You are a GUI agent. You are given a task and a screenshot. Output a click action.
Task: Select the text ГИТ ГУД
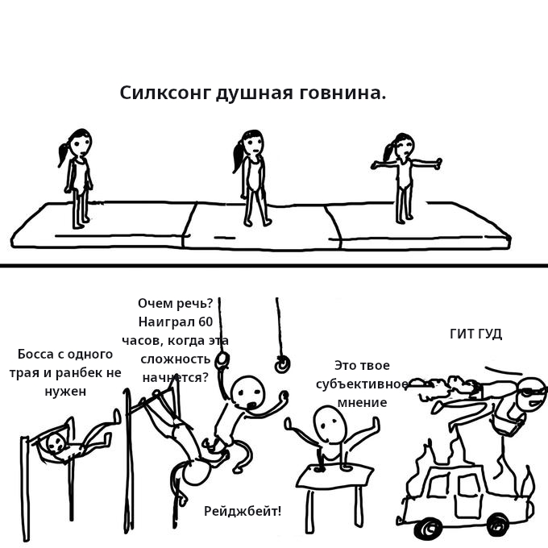click(x=475, y=334)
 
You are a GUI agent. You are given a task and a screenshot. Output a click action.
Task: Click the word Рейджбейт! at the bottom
click(x=243, y=511)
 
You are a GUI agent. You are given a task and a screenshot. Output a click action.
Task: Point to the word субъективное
click(x=362, y=384)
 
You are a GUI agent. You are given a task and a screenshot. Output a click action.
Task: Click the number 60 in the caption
click(x=205, y=322)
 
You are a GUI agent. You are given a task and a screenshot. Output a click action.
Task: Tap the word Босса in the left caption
click(x=35, y=355)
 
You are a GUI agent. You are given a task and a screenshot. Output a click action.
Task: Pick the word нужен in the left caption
click(x=65, y=392)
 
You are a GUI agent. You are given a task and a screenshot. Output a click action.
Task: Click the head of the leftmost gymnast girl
click(x=81, y=143)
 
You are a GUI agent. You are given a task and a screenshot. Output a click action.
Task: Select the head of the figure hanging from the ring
click(x=247, y=392)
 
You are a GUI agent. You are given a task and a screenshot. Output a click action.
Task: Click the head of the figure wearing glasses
click(x=531, y=395)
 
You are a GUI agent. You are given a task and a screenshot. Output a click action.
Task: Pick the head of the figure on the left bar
click(x=56, y=442)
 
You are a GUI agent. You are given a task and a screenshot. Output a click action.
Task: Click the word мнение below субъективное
click(x=362, y=402)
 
